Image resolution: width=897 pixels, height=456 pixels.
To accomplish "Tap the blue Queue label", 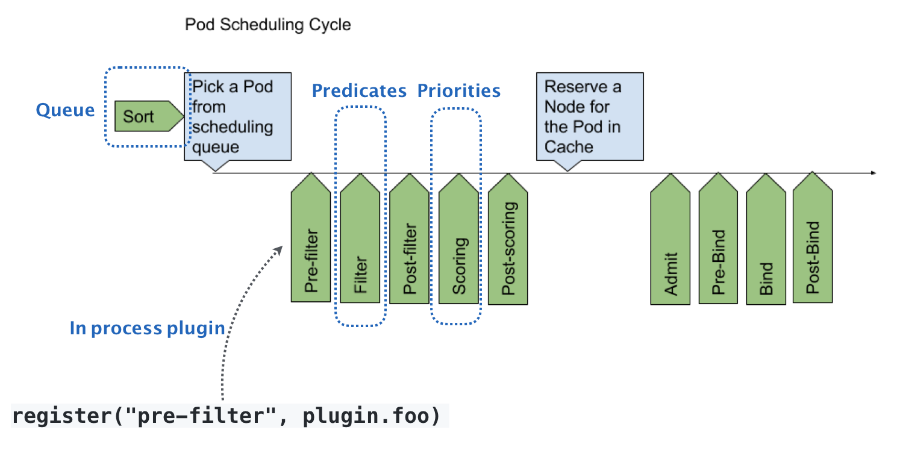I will tap(65, 110).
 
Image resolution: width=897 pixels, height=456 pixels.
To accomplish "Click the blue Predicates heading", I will tap(359, 91).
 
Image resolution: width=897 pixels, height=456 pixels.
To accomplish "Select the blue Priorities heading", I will tap(459, 91).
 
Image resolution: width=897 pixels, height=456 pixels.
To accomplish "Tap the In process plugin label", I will tap(147, 328).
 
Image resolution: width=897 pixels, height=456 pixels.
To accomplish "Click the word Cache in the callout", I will tap(569, 146).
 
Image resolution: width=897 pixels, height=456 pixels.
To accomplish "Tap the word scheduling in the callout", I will tap(233, 127).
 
